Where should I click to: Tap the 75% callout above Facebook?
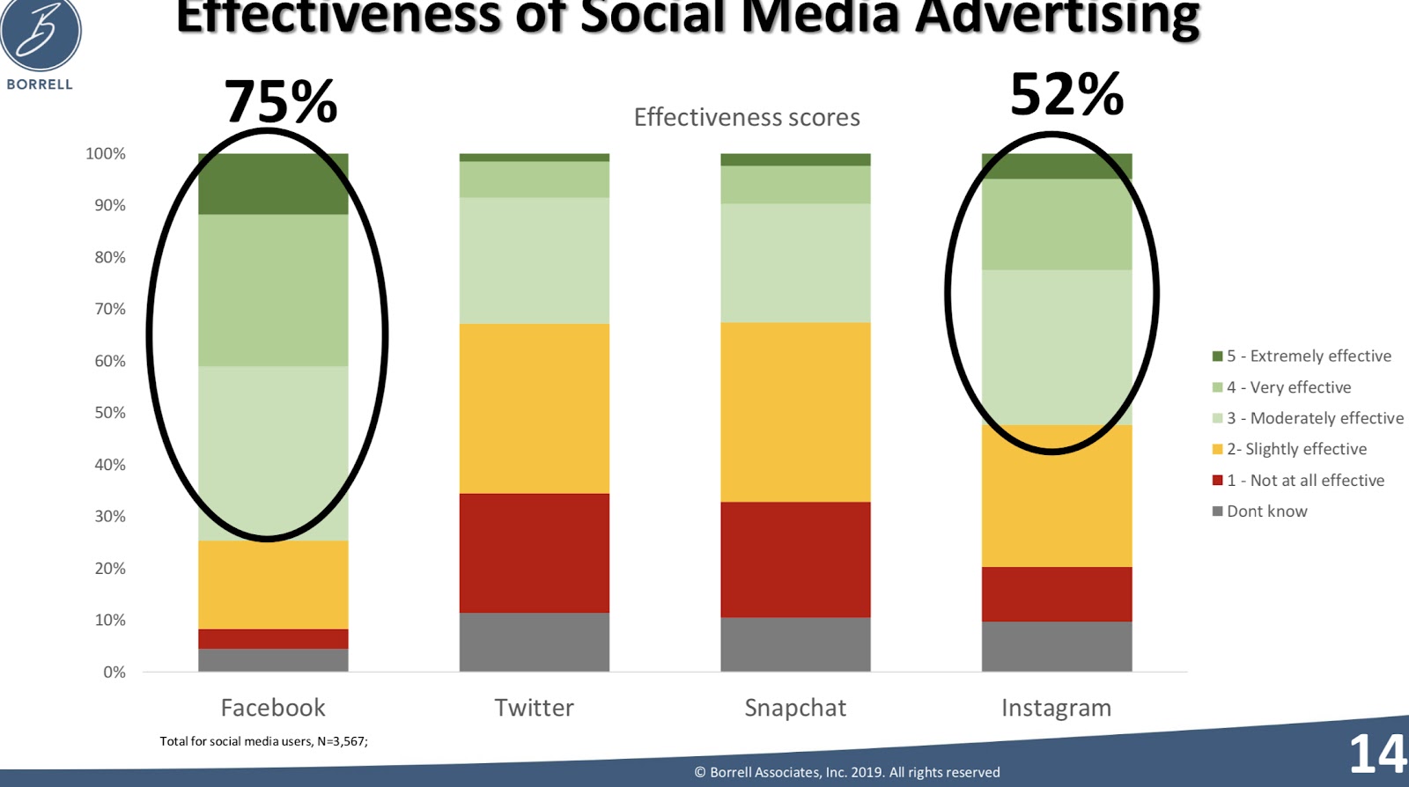280,102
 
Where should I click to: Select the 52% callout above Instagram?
1066,94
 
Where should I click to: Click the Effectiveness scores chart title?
747,117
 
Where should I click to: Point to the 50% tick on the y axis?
110,413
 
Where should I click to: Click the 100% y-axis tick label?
106,154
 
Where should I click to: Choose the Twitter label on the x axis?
534,708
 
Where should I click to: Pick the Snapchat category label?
795,708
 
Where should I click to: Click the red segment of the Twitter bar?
534,553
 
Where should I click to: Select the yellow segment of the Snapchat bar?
795,412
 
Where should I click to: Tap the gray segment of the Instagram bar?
1057,646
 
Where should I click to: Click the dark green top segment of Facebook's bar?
273,184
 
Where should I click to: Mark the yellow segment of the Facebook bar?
273,585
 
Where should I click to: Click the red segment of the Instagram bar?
1057,594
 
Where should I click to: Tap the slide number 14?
1377,754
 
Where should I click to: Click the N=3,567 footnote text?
263,741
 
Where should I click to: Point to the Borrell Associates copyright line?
847,772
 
